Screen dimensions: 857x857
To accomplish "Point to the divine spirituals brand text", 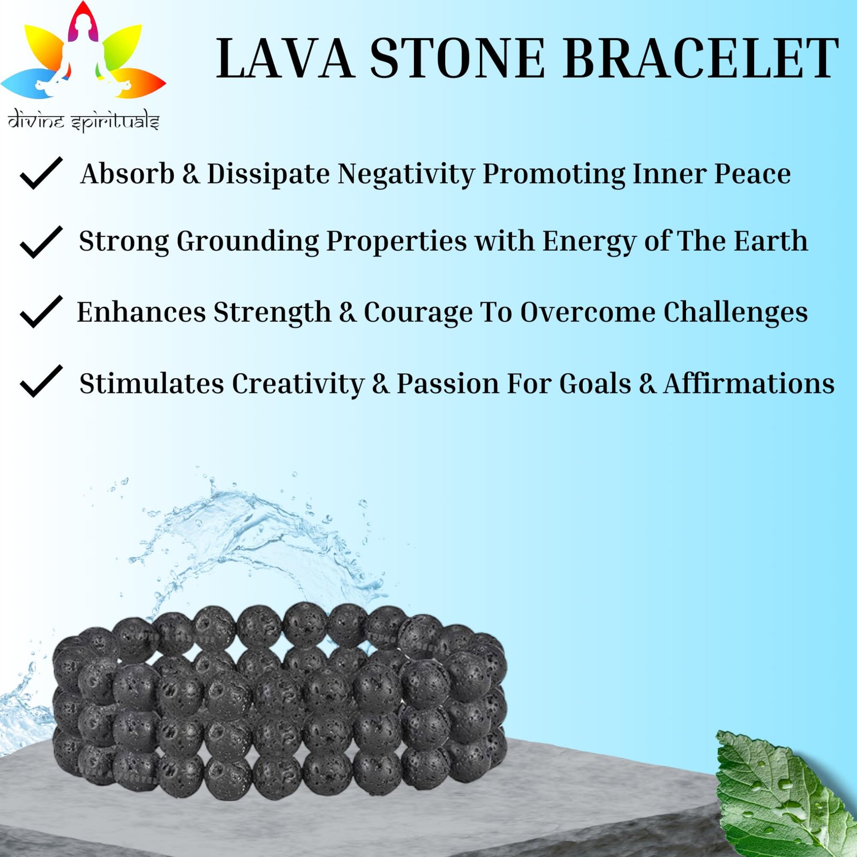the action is [x=84, y=121].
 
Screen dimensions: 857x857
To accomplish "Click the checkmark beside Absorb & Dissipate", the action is [x=41, y=173].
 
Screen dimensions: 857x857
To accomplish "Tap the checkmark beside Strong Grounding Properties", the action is [x=41, y=242].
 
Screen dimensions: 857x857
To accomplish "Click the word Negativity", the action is [x=406, y=175].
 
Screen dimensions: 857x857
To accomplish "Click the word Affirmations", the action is [x=749, y=384].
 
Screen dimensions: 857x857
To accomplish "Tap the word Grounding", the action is [x=247, y=242].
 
